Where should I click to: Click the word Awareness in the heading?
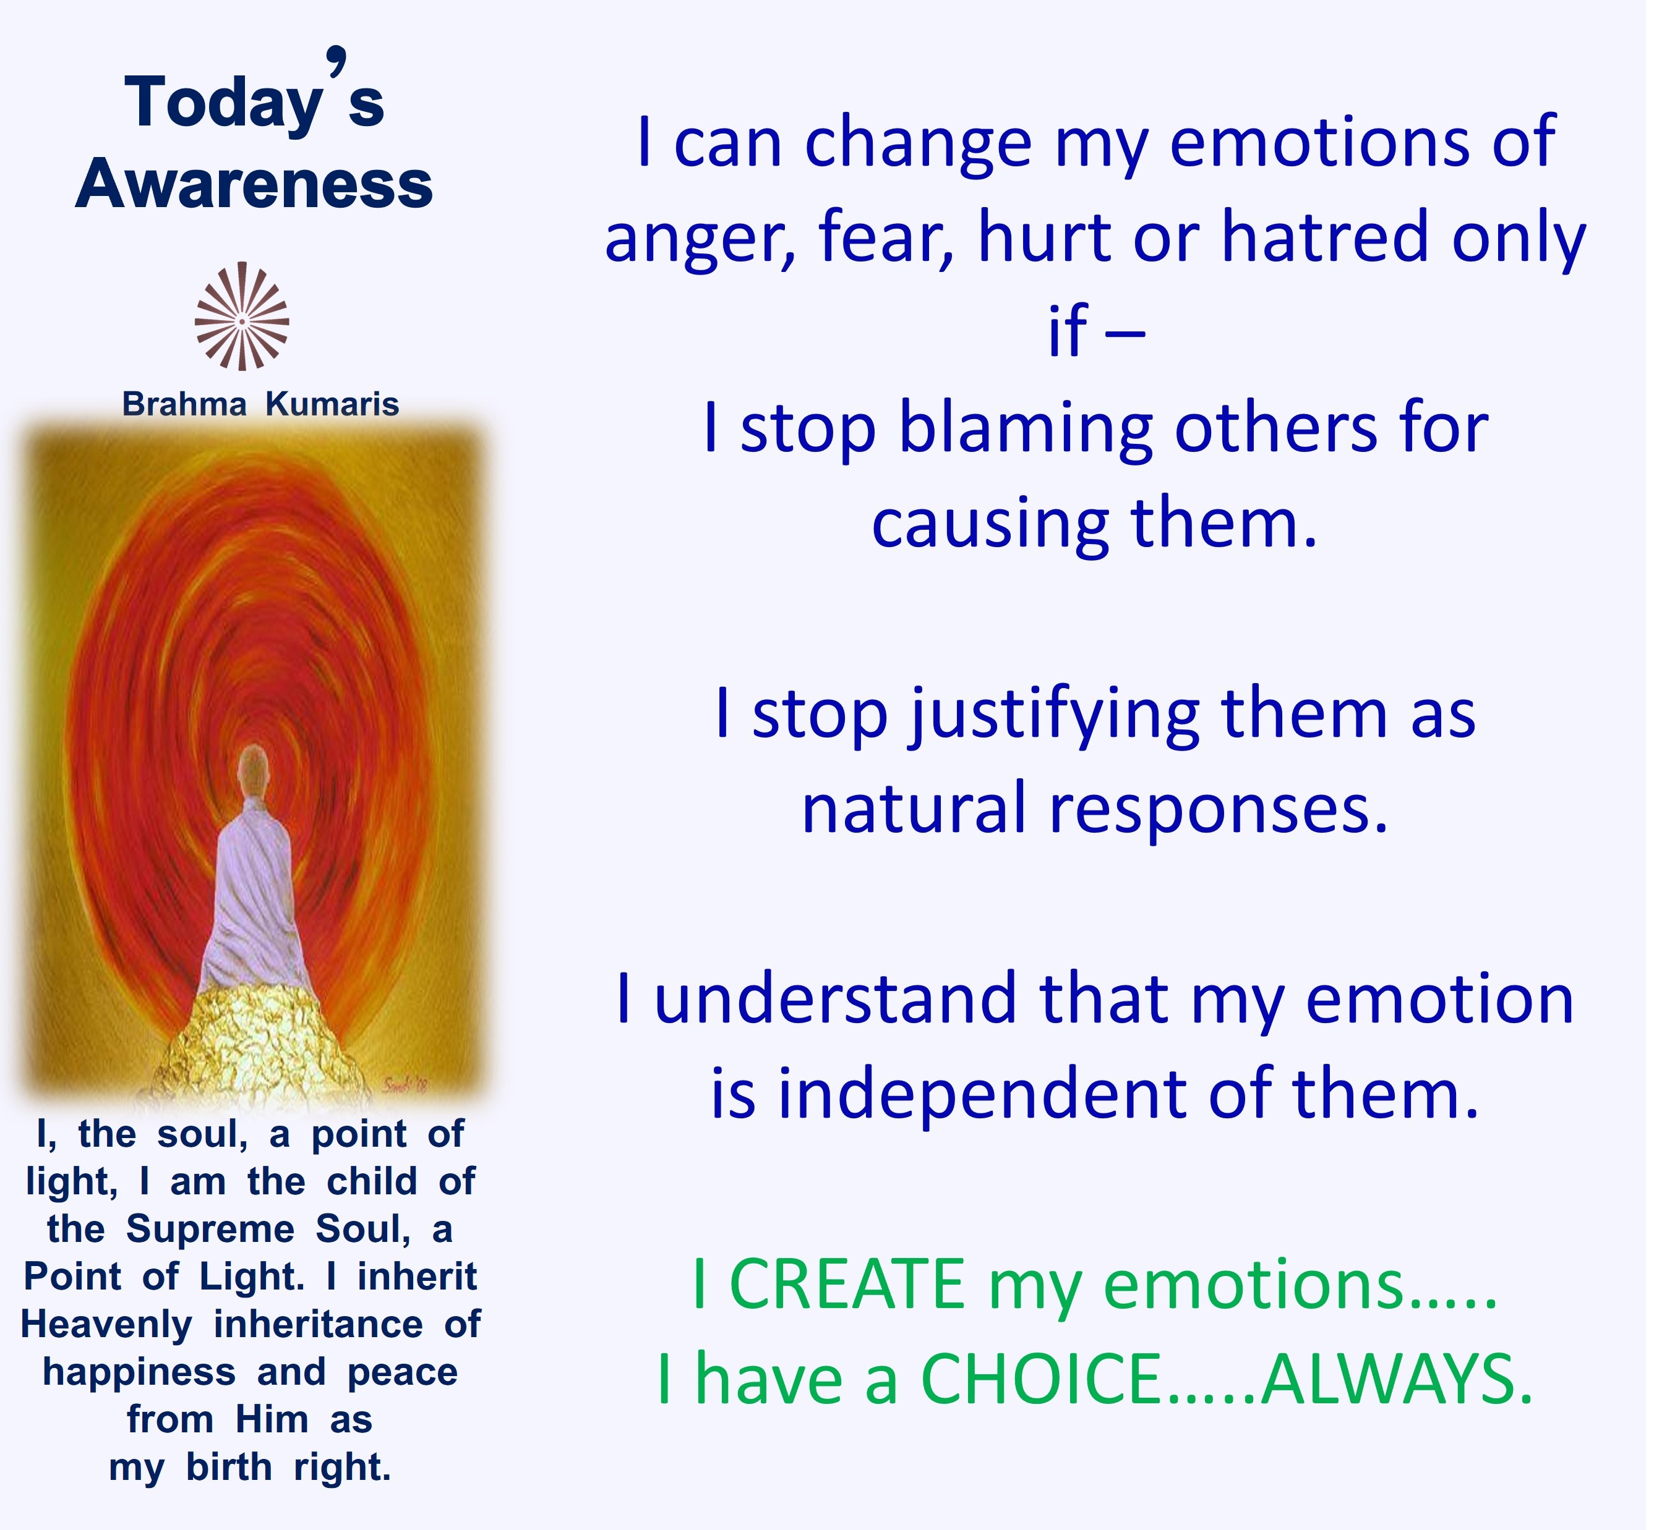pos(254,184)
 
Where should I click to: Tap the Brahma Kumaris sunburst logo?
pos(242,317)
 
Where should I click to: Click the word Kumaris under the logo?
pos(332,405)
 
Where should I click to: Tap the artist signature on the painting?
pos(406,1084)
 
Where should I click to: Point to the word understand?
pos(835,998)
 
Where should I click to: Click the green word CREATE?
pos(846,1283)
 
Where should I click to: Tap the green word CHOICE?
pos(1040,1379)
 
